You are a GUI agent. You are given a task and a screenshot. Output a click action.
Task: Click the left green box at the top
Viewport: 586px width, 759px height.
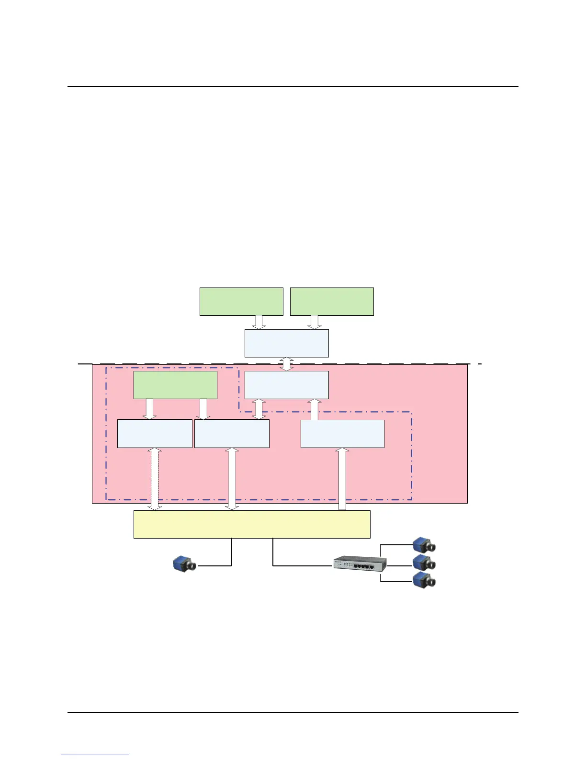pyautogui.click(x=241, y=301)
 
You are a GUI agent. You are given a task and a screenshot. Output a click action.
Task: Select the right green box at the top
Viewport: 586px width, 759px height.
pyautogui.click(x=332, y=301)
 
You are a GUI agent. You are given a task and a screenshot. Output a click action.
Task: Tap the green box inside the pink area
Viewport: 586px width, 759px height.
pyautogui.click(x=175, y=385)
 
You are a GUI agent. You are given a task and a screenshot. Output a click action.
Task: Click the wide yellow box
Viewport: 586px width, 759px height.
pyautogui.click(x=252, y=524)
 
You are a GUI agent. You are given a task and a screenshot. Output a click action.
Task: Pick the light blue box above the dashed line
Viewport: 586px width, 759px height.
pyautogui.click(x=286, y=343)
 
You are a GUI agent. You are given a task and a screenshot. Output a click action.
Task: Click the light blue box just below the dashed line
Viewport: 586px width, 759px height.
pyautogui.click(x=286, y=385)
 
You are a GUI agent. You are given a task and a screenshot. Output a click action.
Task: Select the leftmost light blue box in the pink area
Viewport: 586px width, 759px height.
pyautogui.click(x=155, y=434)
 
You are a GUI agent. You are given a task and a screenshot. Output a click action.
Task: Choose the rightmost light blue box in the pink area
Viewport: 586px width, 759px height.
pyautogui.click(x=342, y=434)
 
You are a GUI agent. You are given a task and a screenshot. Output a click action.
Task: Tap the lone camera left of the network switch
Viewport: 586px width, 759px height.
pyautogui.click(x=185, y=564)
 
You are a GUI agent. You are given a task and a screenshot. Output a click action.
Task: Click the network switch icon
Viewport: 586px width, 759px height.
pyautogui.click(x=360, y=563)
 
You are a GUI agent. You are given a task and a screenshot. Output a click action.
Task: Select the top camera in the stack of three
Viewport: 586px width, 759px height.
pyautogui.click(x=424, y=545)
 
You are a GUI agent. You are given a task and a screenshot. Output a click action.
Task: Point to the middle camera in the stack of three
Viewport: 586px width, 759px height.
pyautogui.click(x=424, y=563)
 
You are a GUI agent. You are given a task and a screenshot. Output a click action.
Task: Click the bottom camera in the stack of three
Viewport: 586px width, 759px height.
pyautogui.click(x=424, y=580)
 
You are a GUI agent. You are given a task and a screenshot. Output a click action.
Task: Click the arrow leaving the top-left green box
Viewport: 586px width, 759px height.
pyautogui.click(x=259, y=322)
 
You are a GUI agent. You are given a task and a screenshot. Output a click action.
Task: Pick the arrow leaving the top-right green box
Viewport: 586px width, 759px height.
pyautogui.click(x=315, y=322)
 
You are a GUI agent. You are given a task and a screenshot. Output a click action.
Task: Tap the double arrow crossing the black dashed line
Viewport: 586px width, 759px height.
pyautogui.click(x=286, y=364)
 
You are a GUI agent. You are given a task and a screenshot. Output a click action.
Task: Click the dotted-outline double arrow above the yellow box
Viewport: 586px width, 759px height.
pyautogui.click(x=155, y=479)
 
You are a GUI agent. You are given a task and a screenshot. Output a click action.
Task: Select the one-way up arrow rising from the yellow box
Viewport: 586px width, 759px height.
pyautogui.click(x=342, y=479)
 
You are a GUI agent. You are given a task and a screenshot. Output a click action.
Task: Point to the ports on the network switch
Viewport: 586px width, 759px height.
pyautogui.click(x=364, y=566)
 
